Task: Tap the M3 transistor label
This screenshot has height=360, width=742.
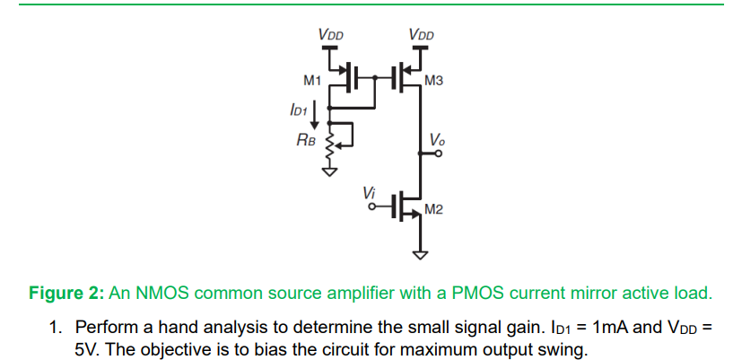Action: pyautogui.click(x=433, y=82)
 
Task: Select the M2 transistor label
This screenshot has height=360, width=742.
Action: pyautogui.click(x=433, y=210)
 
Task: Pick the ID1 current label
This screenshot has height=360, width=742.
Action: pyautogui.click(x=299, y=110)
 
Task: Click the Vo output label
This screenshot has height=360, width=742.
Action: pyautogui.click(x=436, y=140)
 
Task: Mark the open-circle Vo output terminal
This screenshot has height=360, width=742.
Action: pyautogui.click(x=438, y=154)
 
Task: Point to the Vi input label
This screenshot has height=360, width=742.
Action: pyautogui.click(x=369, y=191)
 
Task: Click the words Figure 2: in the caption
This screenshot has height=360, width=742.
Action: pyautogui.click(x=67, y=293)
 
